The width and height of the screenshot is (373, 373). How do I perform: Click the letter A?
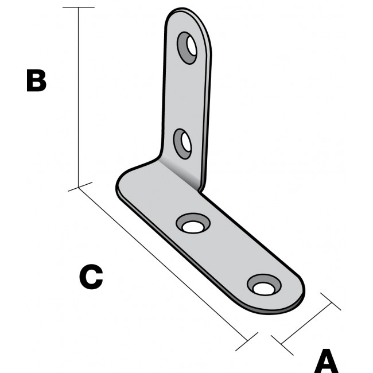point(327,362)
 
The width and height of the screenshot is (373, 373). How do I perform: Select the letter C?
point(91,277)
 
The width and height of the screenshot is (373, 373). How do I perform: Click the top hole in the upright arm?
point(188,47)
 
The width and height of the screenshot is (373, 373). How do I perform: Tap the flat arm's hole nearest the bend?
point(193,224)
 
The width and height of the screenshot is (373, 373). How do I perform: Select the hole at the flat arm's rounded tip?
point(264,285)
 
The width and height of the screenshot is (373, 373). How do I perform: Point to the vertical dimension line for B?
point(79,98)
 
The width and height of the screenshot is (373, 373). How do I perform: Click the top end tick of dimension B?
point(79,7)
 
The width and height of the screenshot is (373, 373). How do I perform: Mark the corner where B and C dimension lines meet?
point(79,187)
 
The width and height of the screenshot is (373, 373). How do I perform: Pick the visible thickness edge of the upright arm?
point(206,115)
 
